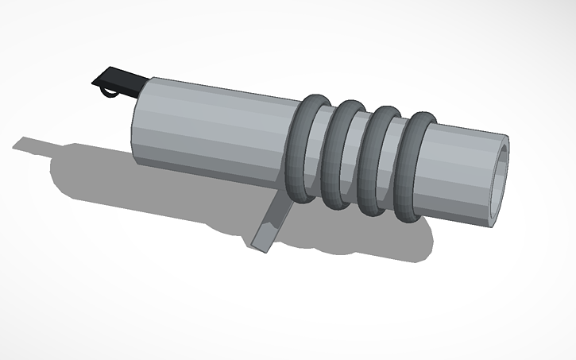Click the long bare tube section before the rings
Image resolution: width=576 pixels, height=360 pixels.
215,127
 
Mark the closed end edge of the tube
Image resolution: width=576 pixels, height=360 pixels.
135,123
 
